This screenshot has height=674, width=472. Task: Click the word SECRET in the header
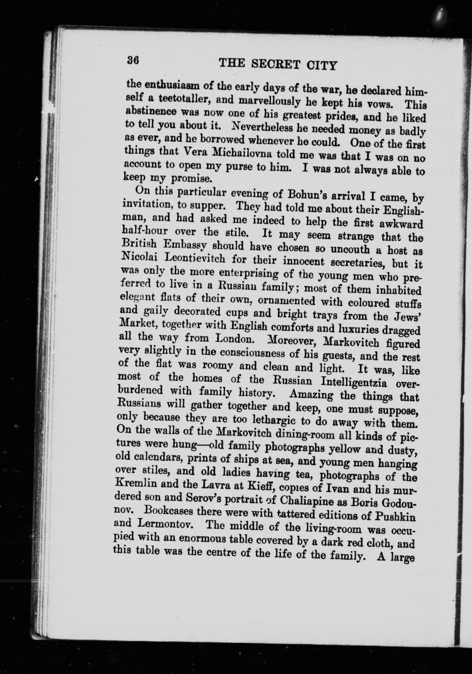(x=273, y=64)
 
